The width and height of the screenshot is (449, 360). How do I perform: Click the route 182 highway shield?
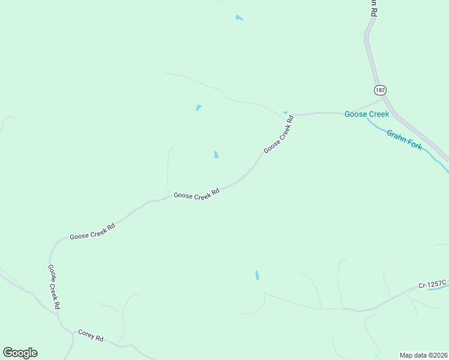pos(379,89)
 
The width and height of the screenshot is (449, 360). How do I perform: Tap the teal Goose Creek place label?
pos(366,114)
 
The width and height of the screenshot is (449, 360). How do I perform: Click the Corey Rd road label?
pos(91,335)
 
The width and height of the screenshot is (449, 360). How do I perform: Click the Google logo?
pos(20,352)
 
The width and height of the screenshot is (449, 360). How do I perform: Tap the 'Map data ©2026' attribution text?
pos(423,355)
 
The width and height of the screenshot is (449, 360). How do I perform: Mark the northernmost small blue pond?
pos(240,18)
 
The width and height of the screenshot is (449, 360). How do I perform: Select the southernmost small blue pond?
pos(257,275)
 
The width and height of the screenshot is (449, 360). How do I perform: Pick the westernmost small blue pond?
pos(198,108)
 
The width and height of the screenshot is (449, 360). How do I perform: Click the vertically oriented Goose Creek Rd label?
pos(54,287)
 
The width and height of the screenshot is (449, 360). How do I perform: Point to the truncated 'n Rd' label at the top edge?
pos(373,7)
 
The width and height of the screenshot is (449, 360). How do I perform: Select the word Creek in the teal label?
pos(378,114)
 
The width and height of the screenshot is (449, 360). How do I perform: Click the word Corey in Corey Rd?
pos(86,333)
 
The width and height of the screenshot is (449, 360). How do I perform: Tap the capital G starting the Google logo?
pos(8,352)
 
